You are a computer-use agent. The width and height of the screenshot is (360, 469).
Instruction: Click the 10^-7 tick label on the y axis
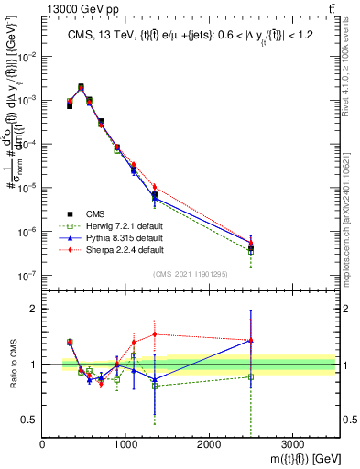(30, 275)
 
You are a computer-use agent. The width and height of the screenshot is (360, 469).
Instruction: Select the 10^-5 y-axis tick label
(30, 188)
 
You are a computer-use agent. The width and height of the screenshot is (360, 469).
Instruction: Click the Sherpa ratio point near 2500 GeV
(251, 340)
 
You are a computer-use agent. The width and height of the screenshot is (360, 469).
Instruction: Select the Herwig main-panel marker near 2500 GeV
(251, 251)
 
